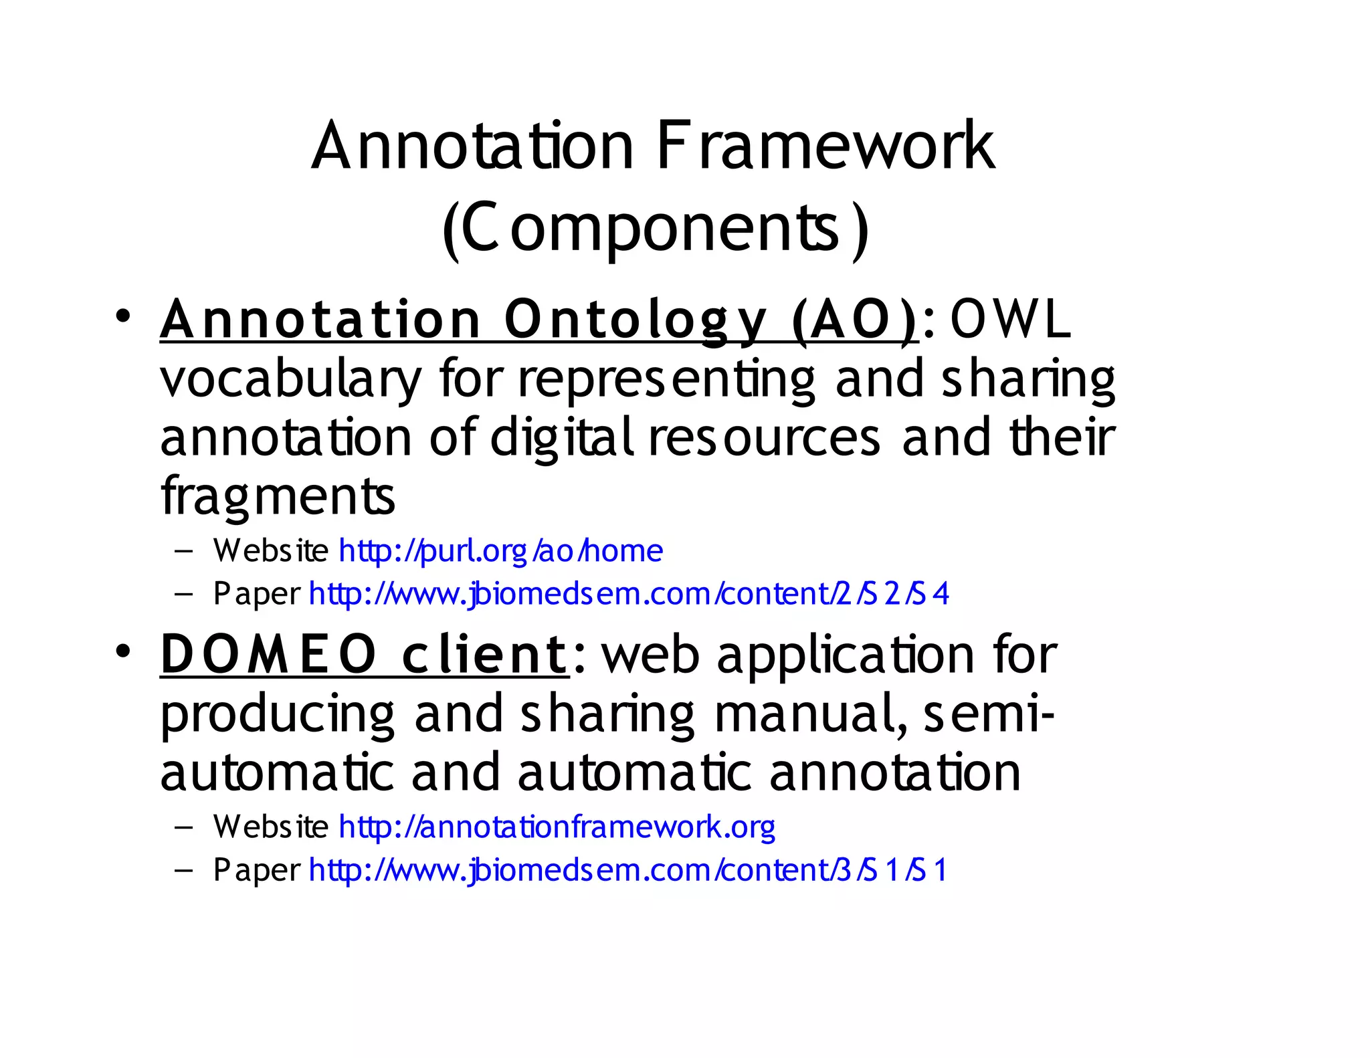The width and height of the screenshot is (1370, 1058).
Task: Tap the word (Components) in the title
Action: (656, 228)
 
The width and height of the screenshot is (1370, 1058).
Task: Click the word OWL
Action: (1010, 320)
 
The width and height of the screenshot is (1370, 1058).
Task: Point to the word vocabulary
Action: (291, 379)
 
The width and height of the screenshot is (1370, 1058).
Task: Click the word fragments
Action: (278, 496)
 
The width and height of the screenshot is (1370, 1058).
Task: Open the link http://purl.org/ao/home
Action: (500, 551)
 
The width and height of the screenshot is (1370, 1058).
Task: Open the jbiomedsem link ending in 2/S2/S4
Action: (628, 594)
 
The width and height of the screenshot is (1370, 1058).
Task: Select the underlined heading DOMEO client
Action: (364, 655)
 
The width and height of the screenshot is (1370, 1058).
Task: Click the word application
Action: (846, 655)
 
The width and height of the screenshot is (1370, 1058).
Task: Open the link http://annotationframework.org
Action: (557, 827)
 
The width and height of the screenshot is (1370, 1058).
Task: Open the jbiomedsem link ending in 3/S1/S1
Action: (628, 870)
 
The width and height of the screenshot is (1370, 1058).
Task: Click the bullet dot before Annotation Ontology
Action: (122, 316)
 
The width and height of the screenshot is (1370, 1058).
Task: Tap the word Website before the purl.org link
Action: (270, 551)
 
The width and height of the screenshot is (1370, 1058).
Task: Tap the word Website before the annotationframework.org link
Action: (270, 827)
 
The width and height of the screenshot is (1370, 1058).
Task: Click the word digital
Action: (562, 438)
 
